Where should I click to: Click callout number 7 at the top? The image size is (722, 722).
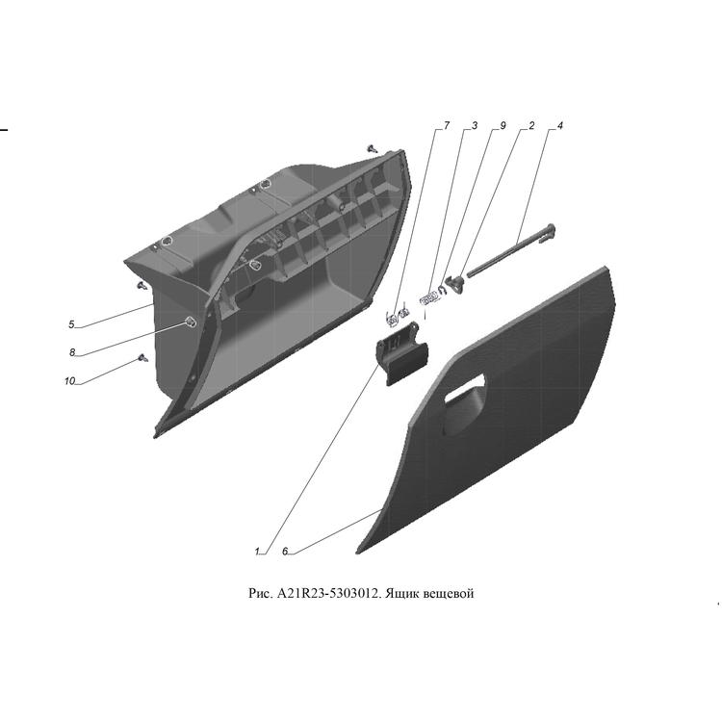[x=446, y=125]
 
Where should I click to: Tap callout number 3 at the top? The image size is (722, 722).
[x=475, y=125]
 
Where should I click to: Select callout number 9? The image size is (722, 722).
[x=503, y=125]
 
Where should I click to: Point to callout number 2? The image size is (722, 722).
[x=531, y=125]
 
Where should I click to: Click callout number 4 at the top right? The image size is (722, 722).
[x=560, y=125]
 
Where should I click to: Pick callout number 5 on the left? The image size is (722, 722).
[x=71, y=324]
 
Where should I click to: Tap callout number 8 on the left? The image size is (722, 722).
[x=72, y=352]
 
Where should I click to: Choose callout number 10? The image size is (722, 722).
[x=69, y=381]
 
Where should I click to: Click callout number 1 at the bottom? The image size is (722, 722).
[x=257, y=552]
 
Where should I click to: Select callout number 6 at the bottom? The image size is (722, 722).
[x=285, y=552]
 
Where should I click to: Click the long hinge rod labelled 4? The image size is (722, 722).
[x=511, y=251]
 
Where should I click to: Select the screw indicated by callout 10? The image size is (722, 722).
[x=143, y=358]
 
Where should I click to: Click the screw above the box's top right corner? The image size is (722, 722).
[x=372, y=148]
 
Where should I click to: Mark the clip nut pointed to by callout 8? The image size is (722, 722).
[x=190, y=322]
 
